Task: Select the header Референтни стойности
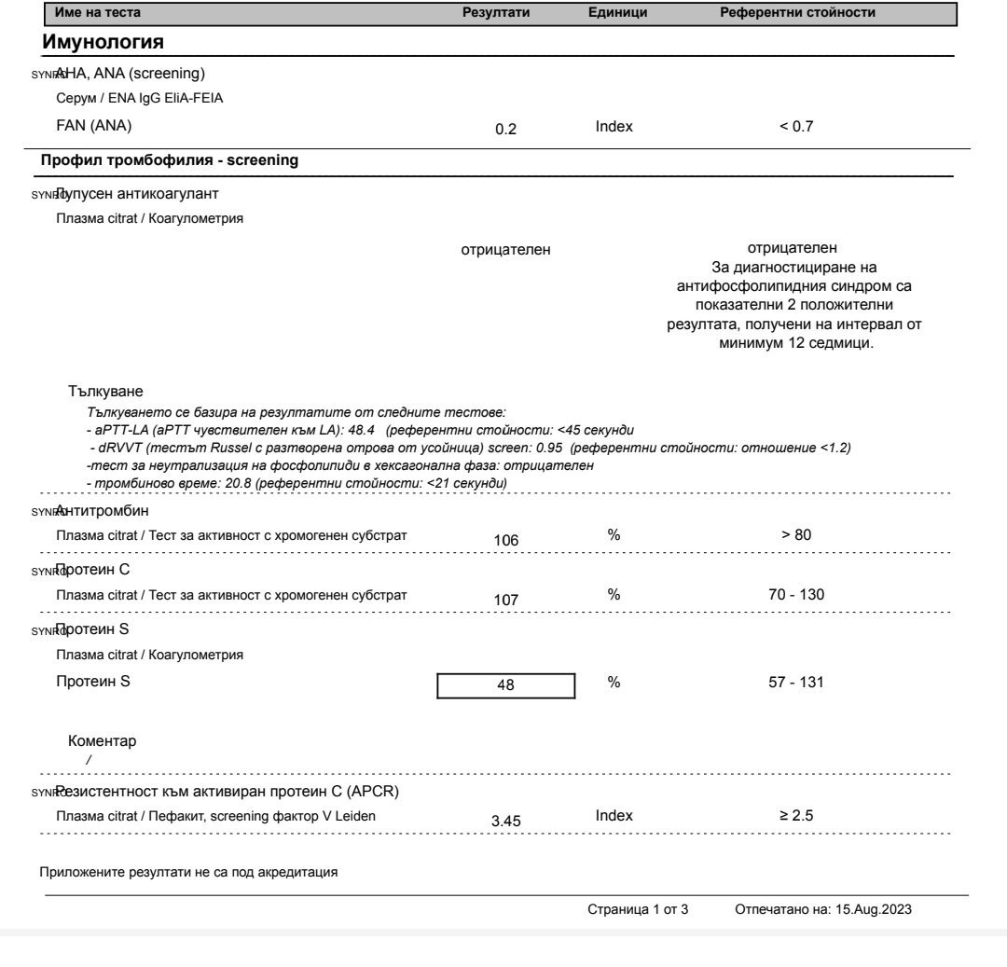[797, 12]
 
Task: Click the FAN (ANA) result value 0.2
[506, 131]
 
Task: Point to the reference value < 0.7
[797, 127]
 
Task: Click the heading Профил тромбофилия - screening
[170, 160]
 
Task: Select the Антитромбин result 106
[507, 540]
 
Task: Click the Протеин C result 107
[507, 599]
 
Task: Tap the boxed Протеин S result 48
[507, 684]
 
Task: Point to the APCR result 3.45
[507, 821]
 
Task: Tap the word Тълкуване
[105, 390]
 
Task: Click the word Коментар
[102, 742]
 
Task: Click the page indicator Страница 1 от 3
[638, 909]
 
